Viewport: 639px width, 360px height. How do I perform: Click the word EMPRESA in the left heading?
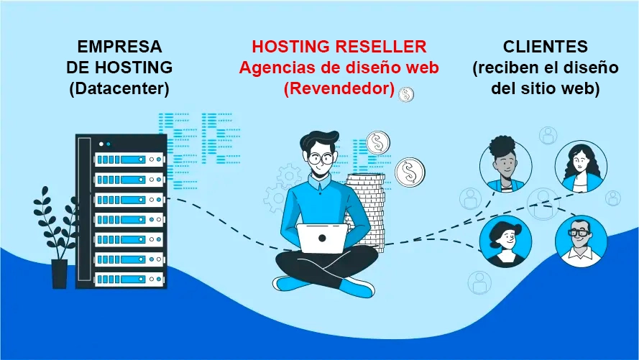[x=119, y=47]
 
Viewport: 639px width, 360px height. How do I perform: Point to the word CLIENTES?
[x=546, y=47]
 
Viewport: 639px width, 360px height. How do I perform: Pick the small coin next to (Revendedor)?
[x=408, y=93]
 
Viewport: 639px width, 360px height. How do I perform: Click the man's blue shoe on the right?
[x=357, y=287]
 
